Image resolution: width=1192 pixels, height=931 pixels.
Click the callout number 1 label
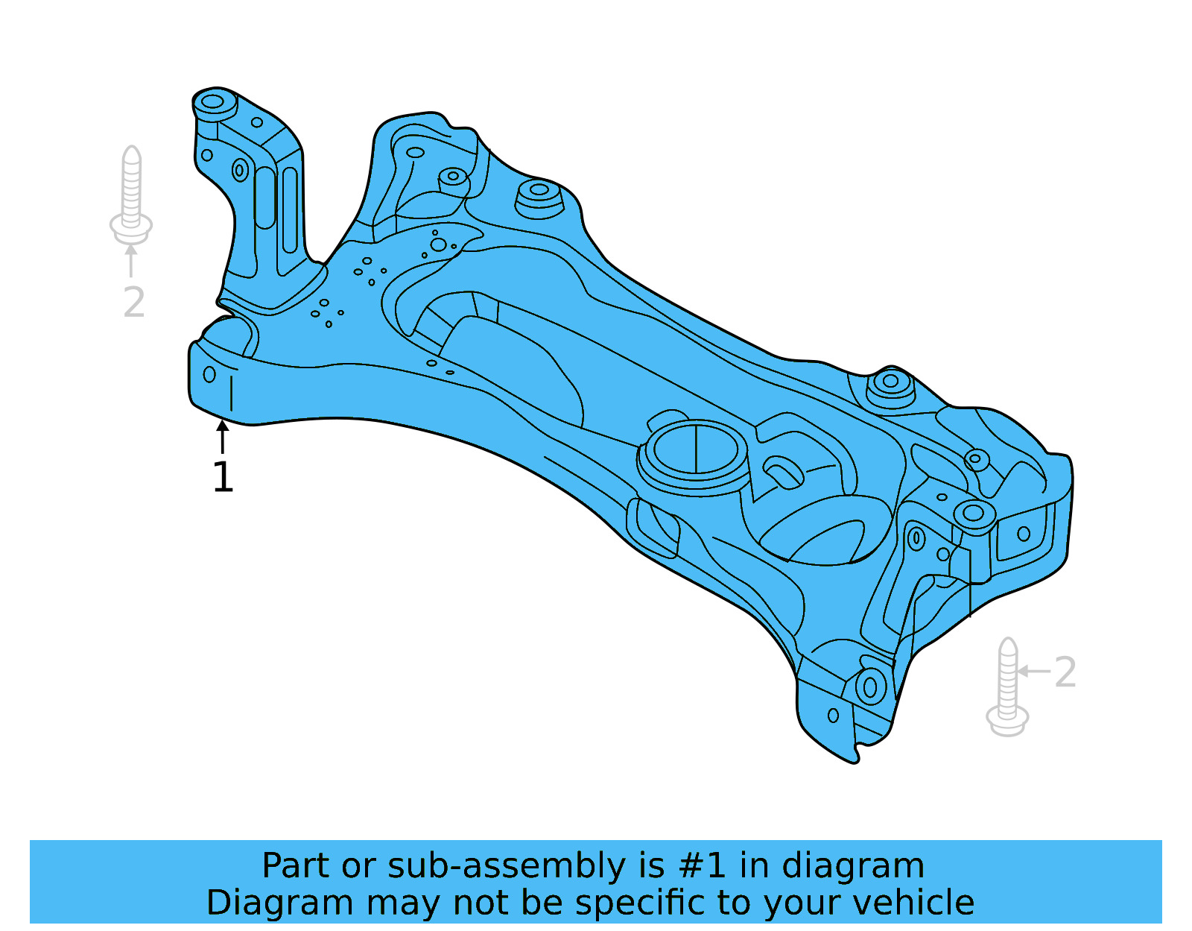pyautogui.click(x=223, y=478)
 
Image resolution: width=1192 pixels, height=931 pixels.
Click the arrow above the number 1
pyautogui.click(x=222, y=436)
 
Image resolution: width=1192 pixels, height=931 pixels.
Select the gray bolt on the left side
pyautogui.click(x=131, y=195)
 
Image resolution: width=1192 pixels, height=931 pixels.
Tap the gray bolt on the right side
pyautogui.click(x=1007, y=687)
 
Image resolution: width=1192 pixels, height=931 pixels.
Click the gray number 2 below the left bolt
pyautogui.click(x=134, y=303)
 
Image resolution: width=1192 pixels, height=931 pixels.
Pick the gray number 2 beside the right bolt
pyautogui.click(x=1065, y=672)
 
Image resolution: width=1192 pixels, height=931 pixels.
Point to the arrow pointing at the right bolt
pyautogui.click(x=1033, y=671)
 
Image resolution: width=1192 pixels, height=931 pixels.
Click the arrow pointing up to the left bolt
pyautogui.click(x=131, y=260)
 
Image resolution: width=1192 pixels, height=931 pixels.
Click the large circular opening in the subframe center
pyautogui.click(x=695, y=449)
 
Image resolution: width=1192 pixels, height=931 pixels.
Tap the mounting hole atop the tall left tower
pyautogui.click(x=213, y=101)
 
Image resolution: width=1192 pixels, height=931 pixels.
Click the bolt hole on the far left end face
pyautogui.click(x=209, y=374)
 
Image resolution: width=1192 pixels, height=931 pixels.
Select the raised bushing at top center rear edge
pyautogui.click(x=539, y=191)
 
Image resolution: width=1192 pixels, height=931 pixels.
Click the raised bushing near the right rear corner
pyautogui.click(x=890, y=383)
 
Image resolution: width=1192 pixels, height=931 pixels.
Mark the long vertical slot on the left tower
pyautogui.click(x=264, y=198)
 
